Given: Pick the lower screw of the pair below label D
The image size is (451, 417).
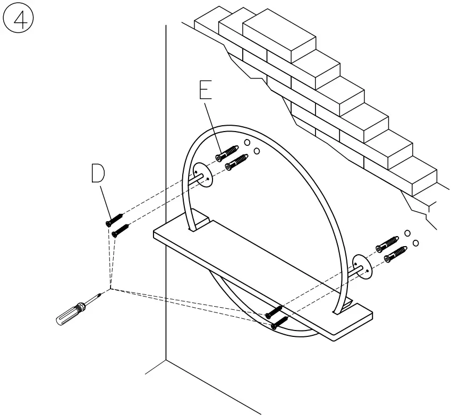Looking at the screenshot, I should [x=121, y=230].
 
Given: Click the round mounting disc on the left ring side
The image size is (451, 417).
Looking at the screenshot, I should [x=202, y=174].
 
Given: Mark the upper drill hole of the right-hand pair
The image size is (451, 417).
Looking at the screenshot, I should [x=407, y=233].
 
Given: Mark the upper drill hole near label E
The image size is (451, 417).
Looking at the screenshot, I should [x=247, y=142].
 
